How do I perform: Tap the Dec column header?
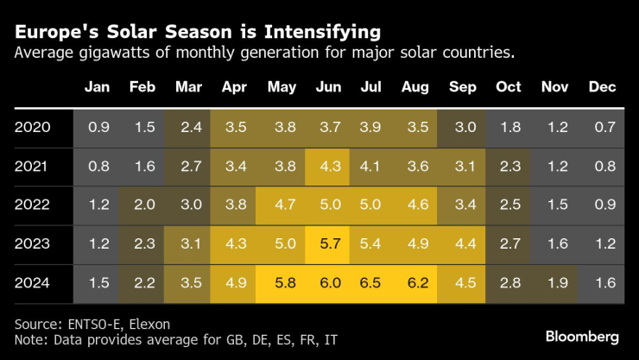pos(601,86)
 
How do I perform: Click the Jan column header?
pos(98,86)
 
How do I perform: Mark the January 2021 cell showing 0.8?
pos(98,167)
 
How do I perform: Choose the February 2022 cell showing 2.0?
pos(144,205)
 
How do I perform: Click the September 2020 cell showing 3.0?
pos(464,127)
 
